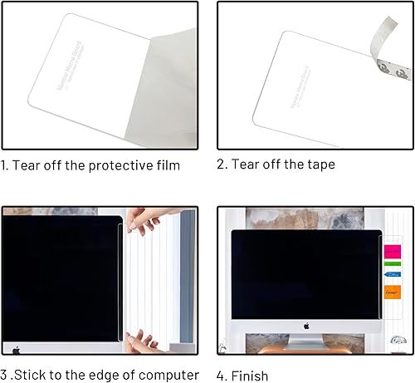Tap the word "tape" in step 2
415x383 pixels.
(320, 164)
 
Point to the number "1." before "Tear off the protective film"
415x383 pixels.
(6, 164)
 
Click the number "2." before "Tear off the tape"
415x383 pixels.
(222, 164)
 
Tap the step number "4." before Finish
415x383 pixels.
(222, 376)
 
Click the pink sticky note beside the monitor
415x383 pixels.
(392, 250)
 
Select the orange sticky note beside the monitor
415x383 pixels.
(392, 292)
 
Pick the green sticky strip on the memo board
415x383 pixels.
(392, 265)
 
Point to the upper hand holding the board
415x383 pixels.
(149, 219)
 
